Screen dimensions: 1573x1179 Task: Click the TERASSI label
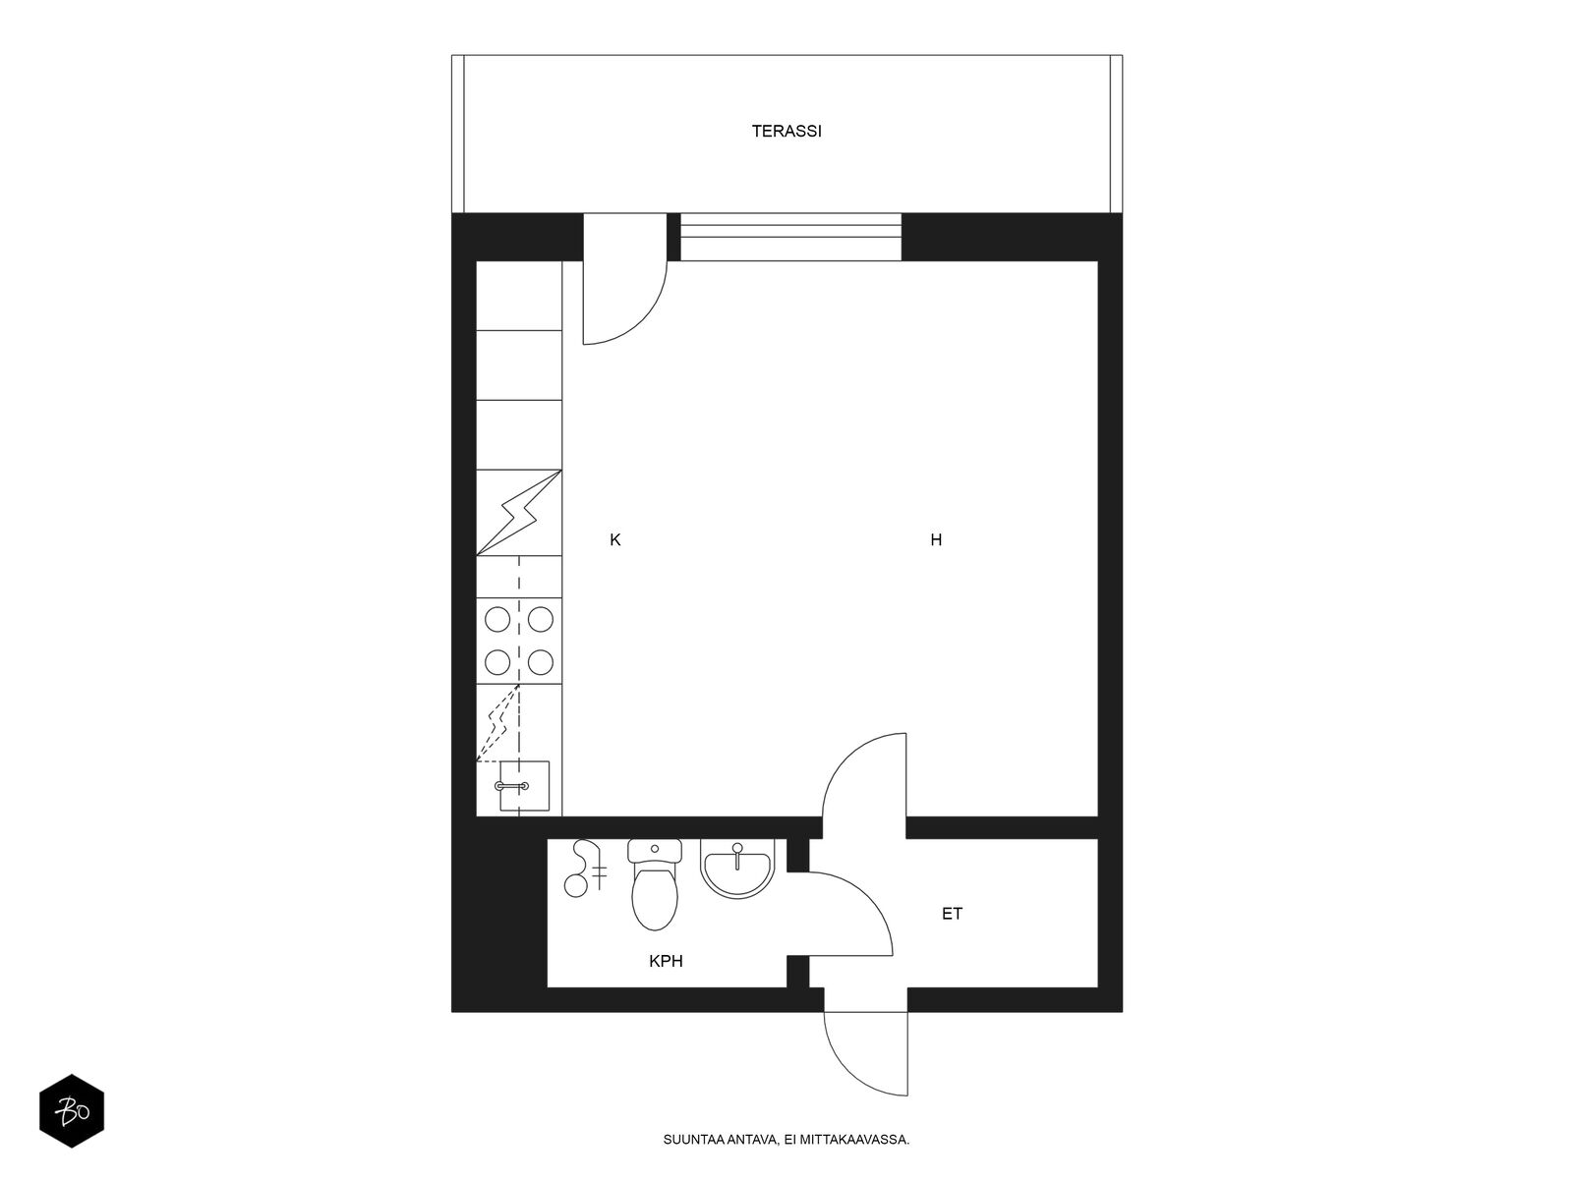point(786,131)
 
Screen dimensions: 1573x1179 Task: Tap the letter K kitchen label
point(614,539)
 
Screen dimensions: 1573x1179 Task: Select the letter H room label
point(936,539)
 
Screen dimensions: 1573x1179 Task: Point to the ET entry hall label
point(952,914)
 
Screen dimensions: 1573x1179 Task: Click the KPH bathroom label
point(666,962)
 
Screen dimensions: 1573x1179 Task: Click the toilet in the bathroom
point(655,885)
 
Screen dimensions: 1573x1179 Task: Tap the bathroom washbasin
point(737,869)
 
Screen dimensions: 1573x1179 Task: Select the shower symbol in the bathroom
point(586,869)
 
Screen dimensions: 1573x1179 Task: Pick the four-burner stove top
point(519,641)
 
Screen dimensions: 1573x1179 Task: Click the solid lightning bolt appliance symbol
point(519,513)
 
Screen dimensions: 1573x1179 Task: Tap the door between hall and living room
point(864,775)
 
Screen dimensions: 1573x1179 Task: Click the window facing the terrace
point(790,237)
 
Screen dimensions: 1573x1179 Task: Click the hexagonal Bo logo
point(72,1111)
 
